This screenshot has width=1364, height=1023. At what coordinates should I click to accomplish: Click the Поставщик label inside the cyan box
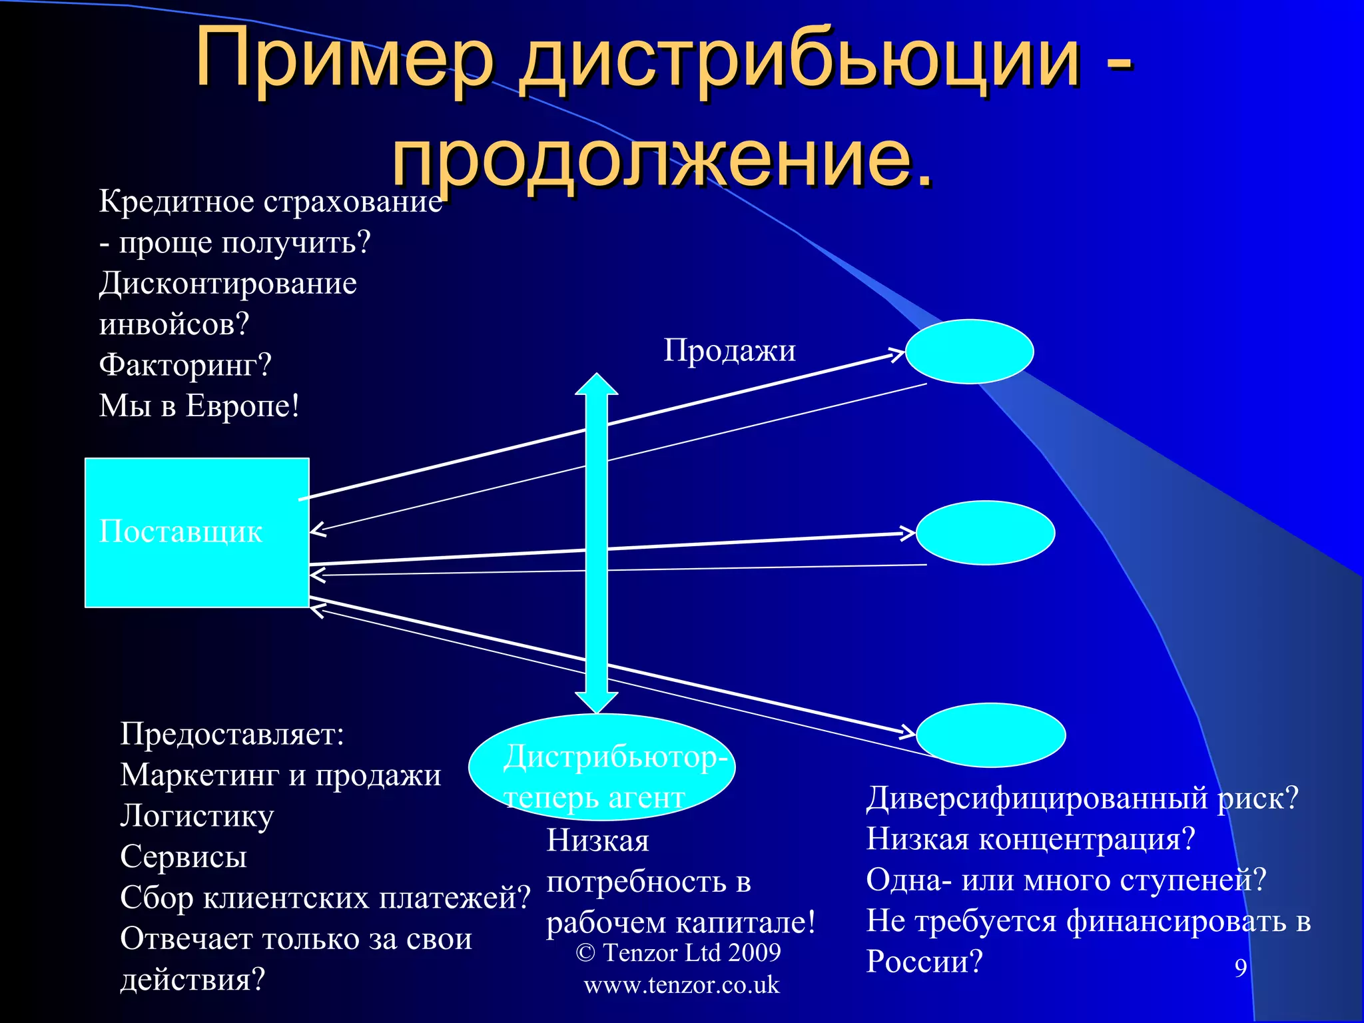[180, 531]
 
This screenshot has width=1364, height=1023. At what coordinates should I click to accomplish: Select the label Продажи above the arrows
[729, 350]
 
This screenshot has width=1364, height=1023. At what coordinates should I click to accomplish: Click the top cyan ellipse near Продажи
[969, 352]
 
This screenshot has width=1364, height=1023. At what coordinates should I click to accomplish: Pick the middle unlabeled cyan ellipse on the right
[985, 533]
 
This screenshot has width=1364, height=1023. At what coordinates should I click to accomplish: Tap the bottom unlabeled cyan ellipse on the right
[990, 735]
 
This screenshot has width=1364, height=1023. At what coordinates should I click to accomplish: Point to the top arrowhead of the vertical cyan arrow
[596, 385]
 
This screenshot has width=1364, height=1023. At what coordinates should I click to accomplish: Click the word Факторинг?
[185, 365]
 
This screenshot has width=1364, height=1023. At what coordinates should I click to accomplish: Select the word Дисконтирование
[228, 284]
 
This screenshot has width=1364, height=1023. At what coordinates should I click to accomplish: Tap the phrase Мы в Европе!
[199, 406]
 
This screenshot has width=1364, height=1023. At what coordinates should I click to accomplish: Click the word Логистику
[196, 817]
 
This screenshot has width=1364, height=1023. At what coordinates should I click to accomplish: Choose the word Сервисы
[183, 857]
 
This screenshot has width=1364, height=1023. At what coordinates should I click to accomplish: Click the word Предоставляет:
[232, 735]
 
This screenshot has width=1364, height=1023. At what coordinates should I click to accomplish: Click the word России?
[924, 962]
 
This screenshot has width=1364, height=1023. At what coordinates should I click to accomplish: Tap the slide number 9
[1240, 968]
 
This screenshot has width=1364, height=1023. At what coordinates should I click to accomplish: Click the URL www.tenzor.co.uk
[681, 985]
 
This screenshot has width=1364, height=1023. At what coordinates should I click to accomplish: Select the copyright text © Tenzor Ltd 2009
[678, 953]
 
